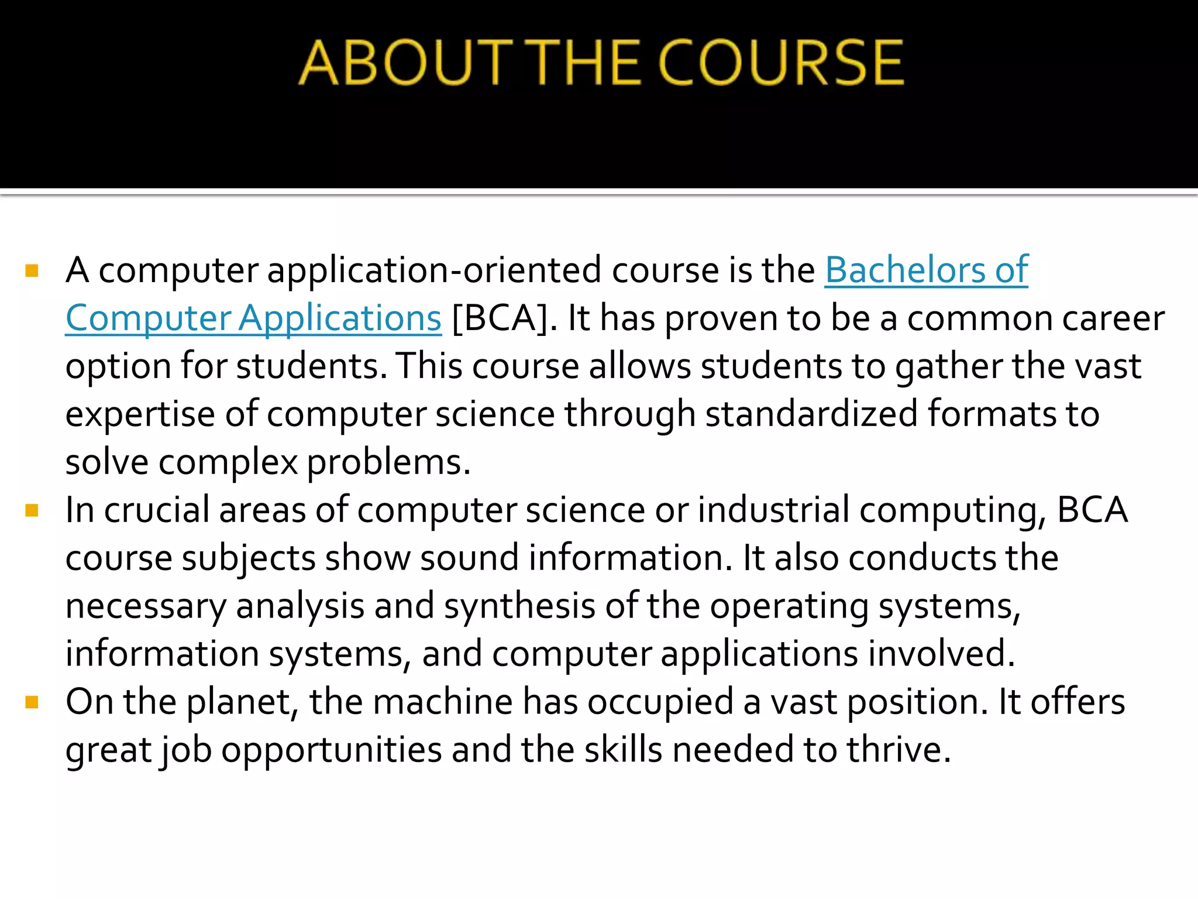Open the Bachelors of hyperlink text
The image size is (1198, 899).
click(x=926, y=270)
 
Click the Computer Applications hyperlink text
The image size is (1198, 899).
click(x=253, y=318)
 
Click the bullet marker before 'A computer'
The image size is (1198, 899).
click(x=32, y=271)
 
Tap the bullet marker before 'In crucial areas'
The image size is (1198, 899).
click(x=32, y=511)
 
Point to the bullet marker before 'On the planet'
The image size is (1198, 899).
click(x=32, y=702)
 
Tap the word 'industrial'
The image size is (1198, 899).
click(x=773, y=510)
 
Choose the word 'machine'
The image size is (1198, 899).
click(x=443, y=702)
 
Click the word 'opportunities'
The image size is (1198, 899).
click(x=331, y=751)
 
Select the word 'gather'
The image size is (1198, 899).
click(x=949, y=368)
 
